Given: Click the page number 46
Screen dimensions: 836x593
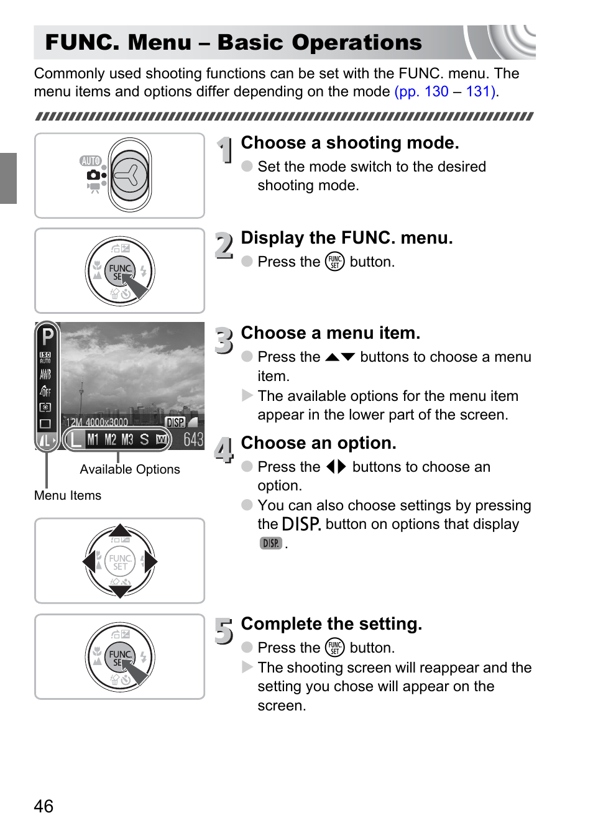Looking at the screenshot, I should (44, 806).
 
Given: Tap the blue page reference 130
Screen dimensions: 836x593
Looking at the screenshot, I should (436, 91).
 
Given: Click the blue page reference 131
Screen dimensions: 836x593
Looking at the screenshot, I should (479, 91).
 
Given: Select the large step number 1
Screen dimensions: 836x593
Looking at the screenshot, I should (224, 150).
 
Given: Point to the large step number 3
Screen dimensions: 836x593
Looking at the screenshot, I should (224, 341).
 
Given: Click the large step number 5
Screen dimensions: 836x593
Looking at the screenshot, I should (224, 631).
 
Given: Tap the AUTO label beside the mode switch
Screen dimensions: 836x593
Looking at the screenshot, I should (90, 161).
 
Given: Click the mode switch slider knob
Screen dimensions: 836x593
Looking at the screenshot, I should (130, 175).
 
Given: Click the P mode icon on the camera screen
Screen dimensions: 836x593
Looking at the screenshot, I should (47, 337).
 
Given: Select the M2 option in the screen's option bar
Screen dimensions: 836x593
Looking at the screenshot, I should (111, 440).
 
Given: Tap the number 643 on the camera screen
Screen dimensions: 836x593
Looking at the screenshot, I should (193, 439).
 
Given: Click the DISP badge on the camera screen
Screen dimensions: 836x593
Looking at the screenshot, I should (175, 423).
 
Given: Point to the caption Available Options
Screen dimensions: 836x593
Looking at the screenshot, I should (130, 469).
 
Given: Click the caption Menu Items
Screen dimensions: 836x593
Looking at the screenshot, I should (68, 495).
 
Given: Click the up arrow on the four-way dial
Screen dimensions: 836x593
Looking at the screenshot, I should (119, 531).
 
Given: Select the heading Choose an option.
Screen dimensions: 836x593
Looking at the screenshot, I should (318, 443).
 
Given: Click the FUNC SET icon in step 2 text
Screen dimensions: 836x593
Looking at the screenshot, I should (334, 262).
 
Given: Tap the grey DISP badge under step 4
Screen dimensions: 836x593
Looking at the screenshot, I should (271, 543).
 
